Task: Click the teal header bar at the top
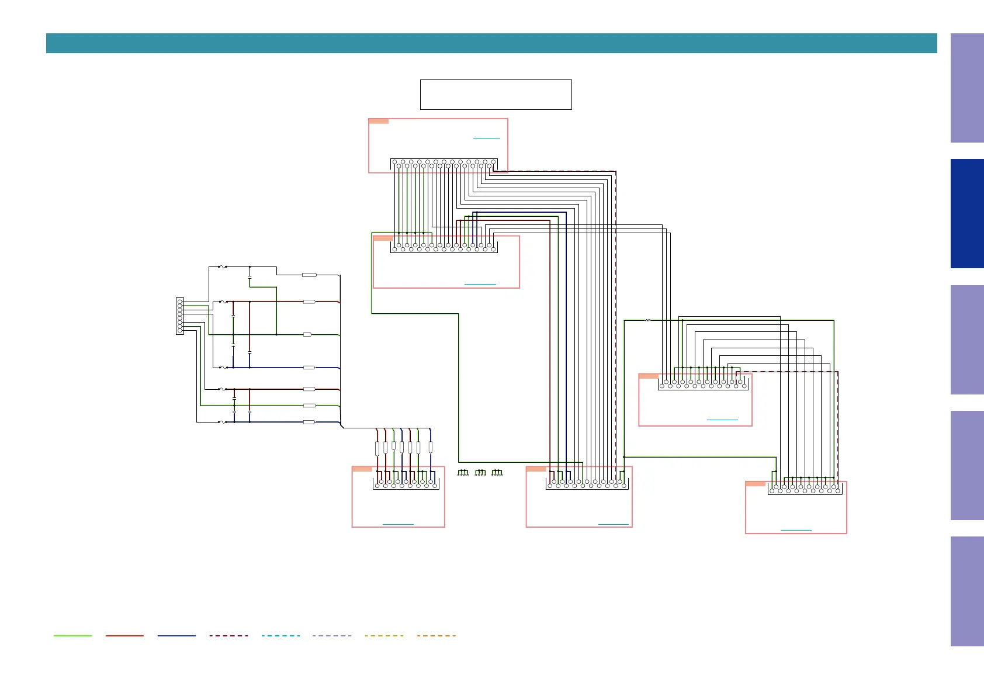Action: (x=491, y=43)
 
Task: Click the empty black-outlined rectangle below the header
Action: (x=496, y=95)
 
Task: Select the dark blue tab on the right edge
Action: (x=966, y=213)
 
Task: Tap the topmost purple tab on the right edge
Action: (x=966, y=88)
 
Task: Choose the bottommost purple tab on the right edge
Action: (x=966, y=591)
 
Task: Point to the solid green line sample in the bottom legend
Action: (x=72, y=636)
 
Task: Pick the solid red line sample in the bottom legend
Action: (x=124, y=636)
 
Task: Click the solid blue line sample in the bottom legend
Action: (x=176, y=636)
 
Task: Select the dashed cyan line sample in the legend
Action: (x=280, y=636)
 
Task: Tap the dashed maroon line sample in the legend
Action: (x=228, y=636)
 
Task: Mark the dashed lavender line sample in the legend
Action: (x=332, y=636)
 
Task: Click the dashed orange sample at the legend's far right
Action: (x=436, y=636)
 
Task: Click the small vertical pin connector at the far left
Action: (x=180, y=316)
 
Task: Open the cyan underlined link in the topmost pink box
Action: (x=486, y=138)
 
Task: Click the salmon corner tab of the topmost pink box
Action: (x=379, y=122)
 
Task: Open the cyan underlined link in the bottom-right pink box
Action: (x=796, y=530)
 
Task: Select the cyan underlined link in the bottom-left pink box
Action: (x=398, y=524)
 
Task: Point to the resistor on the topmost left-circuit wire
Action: (x=309, y=275)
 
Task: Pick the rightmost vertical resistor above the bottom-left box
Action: (x=431, y=448)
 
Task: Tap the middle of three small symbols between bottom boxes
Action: (x=480, y=472)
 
